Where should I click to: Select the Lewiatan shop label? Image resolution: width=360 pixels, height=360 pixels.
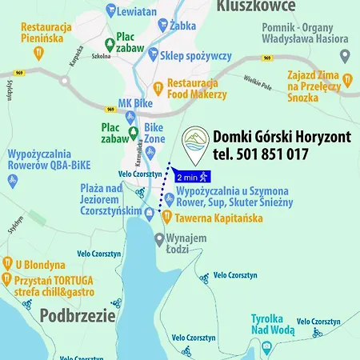(138, 12)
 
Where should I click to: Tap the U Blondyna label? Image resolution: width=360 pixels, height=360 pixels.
(39, 265)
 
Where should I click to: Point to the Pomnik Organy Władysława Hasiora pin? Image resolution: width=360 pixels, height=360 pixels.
(345, 57)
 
